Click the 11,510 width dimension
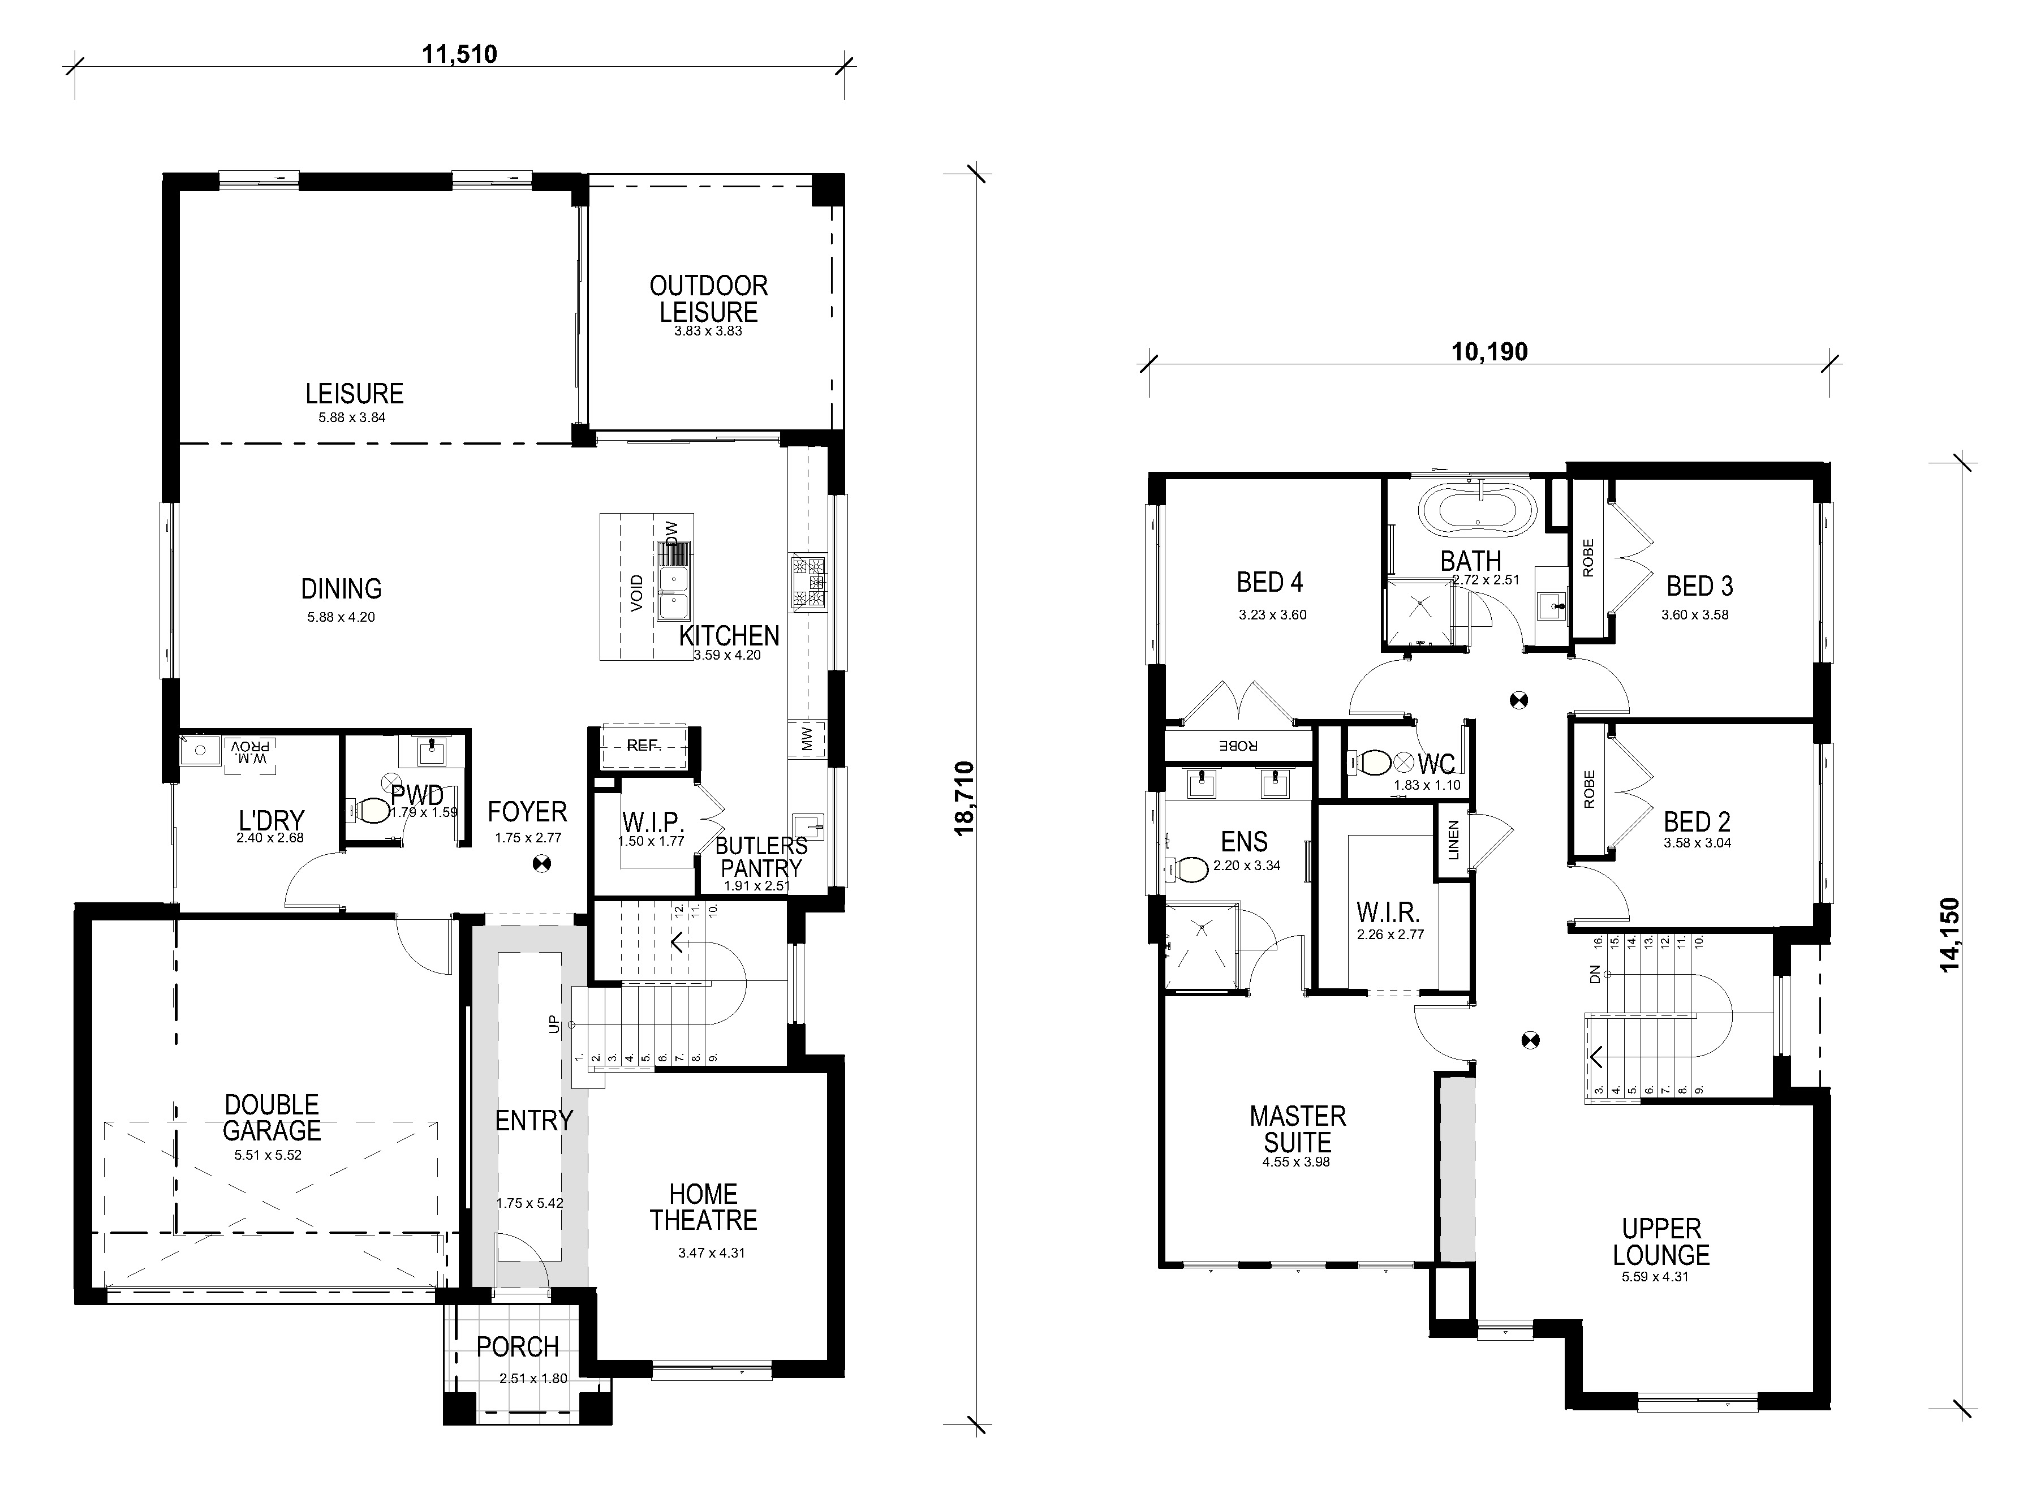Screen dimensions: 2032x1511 459,54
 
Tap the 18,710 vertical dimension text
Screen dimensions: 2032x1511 965,798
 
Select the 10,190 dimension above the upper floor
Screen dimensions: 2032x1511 1489,352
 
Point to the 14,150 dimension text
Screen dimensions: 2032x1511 1950,935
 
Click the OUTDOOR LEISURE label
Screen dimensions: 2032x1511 709,299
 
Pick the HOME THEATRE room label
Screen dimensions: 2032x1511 703,1207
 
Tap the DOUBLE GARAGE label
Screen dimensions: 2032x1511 272,1118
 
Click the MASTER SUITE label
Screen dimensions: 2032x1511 1298,1129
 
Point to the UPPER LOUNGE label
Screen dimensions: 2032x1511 1661,1241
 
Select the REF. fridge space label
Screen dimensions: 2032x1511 643,746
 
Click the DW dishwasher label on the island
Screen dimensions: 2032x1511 672,533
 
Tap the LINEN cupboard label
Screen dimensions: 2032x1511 1453,840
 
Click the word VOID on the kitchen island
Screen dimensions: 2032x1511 636,593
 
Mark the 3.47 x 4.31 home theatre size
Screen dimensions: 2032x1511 712,1253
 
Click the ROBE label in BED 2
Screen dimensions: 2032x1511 1588,789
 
